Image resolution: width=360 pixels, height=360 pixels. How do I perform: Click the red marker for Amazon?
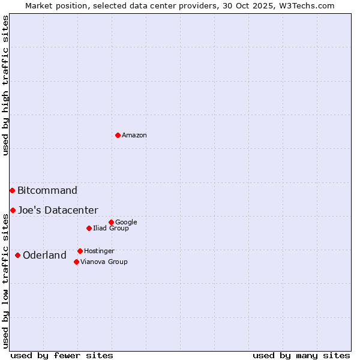click(x=118, y=135)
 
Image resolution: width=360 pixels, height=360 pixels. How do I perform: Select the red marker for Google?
click(x=111, y=222)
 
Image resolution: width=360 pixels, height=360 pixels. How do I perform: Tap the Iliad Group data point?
click(x=89, y=228)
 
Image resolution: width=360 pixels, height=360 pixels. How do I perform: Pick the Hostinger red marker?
click(x=80, y=251)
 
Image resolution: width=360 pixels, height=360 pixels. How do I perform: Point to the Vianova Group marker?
click(x=76, y=262)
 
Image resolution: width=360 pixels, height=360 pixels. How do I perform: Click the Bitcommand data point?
click(x=12, y=190)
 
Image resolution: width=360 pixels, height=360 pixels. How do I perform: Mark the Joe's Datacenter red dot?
click(x=13, y=210)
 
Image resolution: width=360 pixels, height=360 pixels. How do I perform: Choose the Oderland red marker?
click(x=17, y=255)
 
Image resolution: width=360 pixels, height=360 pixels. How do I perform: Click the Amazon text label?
click(x=134, y=136)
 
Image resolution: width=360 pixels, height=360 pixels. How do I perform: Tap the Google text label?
click(x=126, y=223)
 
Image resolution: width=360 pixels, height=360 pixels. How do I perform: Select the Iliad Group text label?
click(x=110, y=229)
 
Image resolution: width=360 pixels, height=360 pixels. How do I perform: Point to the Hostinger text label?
click(x=99, y=251)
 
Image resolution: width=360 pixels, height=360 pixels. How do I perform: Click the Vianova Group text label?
click(x=104, y=262)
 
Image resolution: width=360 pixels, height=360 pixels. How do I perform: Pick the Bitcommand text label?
click(x=47, y=191)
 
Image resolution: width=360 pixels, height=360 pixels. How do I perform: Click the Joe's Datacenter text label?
click(x=58, y=211)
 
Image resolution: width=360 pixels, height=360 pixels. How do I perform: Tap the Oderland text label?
click(x=44, y=256)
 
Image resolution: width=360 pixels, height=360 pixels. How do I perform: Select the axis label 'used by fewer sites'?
click(x=62, y=355)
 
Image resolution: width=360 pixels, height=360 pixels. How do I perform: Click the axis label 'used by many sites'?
click(x=301, y=355)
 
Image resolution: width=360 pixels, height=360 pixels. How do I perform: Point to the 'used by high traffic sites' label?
click(x=5, y=85)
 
